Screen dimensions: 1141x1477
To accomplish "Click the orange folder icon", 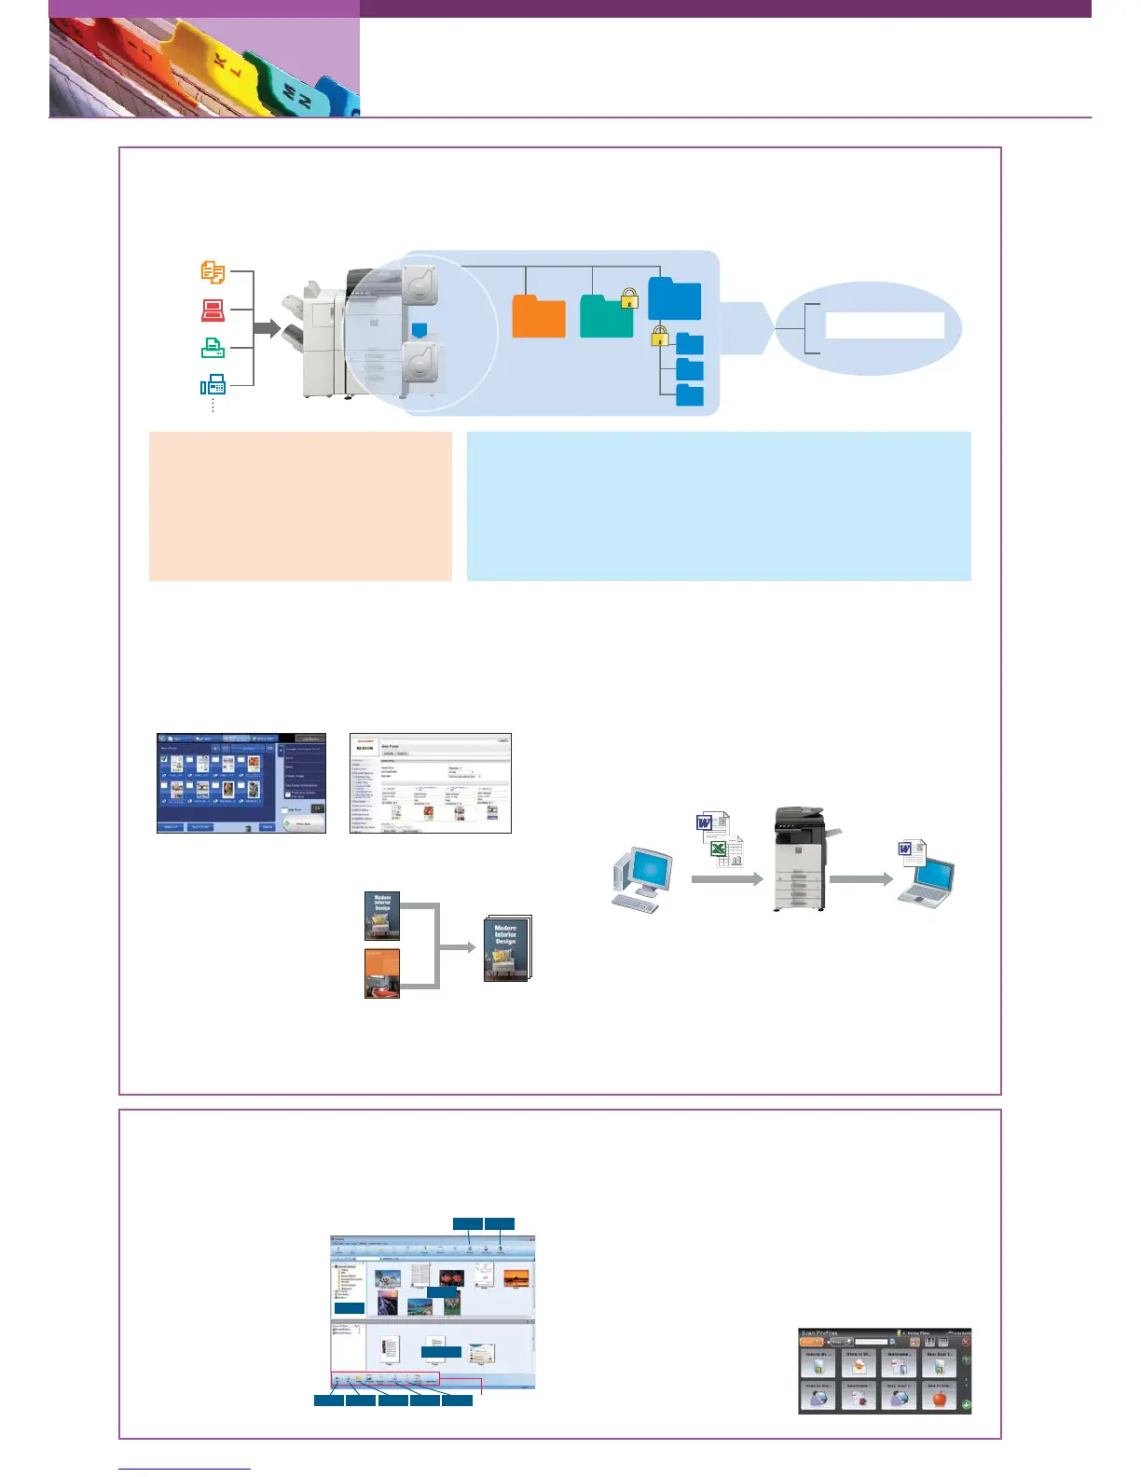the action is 539,317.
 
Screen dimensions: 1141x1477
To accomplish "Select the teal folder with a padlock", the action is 606,317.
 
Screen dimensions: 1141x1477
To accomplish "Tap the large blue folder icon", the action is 674,299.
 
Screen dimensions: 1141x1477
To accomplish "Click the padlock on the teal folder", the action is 629,299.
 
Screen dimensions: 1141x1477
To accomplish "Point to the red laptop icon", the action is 213,310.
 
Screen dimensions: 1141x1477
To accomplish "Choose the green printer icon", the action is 213,348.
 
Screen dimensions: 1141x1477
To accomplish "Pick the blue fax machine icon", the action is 213,384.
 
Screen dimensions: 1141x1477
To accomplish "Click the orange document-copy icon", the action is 213,272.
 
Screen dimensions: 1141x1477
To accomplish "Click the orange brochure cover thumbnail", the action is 382,973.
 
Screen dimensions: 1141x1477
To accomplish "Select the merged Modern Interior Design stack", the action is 507,949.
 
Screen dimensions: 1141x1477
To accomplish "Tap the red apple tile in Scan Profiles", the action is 939,1398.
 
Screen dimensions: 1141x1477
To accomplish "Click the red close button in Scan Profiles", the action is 965,1342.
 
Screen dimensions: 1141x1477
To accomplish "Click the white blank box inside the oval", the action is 884,325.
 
